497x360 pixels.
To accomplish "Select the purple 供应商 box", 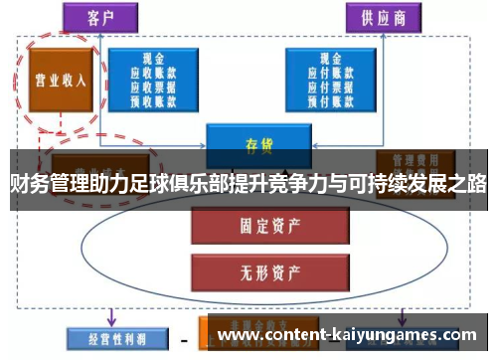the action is tap(382, 17).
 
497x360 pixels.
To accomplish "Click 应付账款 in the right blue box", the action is tap(327, 73).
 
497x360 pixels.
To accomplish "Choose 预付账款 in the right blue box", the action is tap(327, 99).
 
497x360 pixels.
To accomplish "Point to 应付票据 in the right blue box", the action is tap(327, 87).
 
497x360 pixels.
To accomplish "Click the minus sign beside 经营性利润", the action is tap(184, 337).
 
